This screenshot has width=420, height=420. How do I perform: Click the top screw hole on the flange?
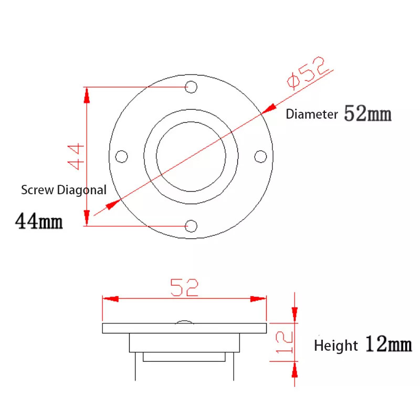pos(192,87)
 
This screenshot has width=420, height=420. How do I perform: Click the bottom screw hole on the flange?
pos(192,226)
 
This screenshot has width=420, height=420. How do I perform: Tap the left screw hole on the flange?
pos(121,156)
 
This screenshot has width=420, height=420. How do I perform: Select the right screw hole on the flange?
pos(260,156)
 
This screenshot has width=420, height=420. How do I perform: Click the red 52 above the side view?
pos(184,287)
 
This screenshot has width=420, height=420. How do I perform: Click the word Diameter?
pos(311,115)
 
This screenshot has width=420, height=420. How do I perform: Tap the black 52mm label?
pos(367,113)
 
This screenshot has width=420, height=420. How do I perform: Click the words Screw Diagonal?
pos(64,190)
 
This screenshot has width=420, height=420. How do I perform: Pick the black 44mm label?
pos(39,221)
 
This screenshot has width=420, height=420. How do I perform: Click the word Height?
pos(336,346)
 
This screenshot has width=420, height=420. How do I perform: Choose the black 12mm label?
pos(388,345)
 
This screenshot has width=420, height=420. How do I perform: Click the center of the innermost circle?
pos(191,156)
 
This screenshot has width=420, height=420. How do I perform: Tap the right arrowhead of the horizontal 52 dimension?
pos(258,299)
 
